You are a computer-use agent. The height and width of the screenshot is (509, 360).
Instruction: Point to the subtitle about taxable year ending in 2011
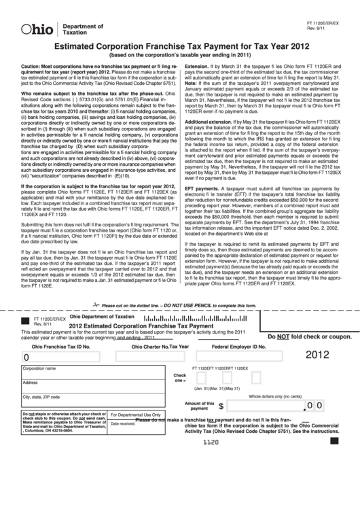click(x=179, y=55)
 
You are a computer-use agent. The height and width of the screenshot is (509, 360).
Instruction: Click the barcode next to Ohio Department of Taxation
click(x=181, y=317)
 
